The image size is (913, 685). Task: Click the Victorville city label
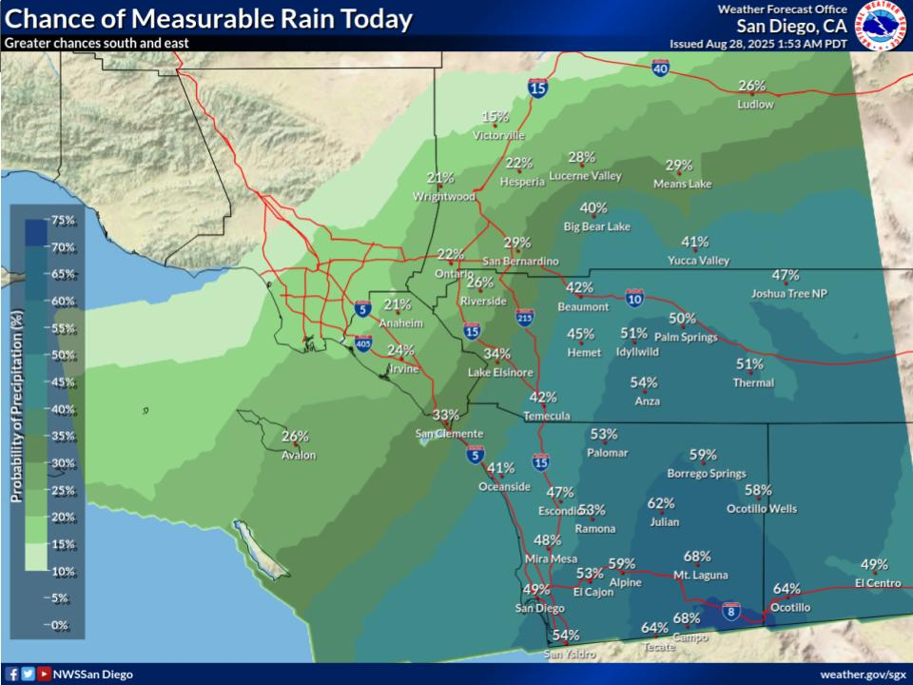pos(498,135)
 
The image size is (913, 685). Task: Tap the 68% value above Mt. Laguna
pos(697,557)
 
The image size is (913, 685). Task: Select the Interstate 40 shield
pos(661,68)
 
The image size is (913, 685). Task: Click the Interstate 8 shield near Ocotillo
pos(730,610)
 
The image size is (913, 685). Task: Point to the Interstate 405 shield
pos(362,342)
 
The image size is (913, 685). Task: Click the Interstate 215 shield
pos(524,317)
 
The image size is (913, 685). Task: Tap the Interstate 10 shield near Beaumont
pos(634,299)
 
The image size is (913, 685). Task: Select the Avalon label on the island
pos(298,455)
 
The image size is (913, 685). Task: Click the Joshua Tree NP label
pos(788,294)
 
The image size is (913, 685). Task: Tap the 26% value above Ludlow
pos(752,86)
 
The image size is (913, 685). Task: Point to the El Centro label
pos(877,582)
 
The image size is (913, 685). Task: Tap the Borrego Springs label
pos(706,474)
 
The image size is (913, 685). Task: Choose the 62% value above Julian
pos(661,503)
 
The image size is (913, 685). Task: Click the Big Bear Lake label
pos(596,226)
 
